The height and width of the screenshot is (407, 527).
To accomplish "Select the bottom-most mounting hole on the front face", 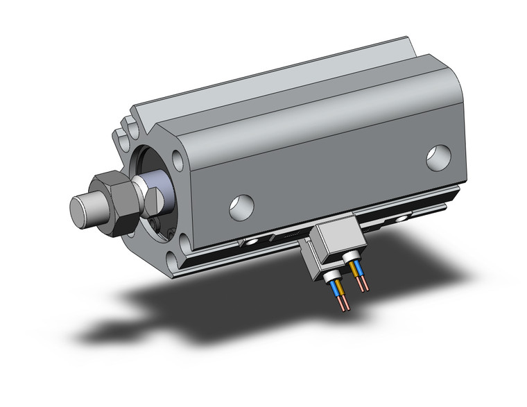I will point(182,245).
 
